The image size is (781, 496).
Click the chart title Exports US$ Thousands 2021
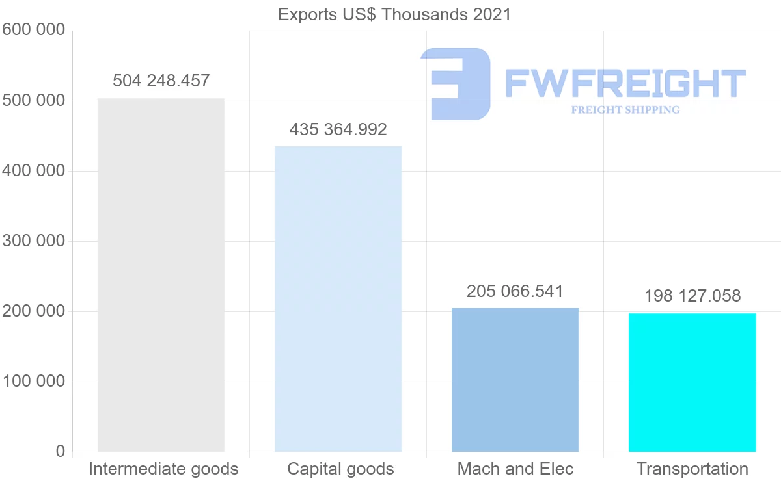[x=394, y=14]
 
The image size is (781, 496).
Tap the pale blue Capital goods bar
[x=338, y=299]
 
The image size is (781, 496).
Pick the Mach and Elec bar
[x=515, y=380]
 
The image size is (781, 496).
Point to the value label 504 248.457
[x=161, y=81]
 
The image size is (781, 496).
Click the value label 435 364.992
[x=338, y=129]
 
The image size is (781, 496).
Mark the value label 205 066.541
[x=515, y=291]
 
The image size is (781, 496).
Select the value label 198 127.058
[x=692, y=296]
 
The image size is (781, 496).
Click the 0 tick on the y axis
[x=60, y=451]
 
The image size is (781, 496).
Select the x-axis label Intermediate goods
[x=163, y=469]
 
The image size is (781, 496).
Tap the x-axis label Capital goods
[x=340, y=469]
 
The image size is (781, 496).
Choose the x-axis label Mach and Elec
[x=515, y=469]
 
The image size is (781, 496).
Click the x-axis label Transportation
[x=692, y=469]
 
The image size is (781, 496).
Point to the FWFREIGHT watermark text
[x=625, y=84]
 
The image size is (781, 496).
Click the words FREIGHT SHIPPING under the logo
[x=625, y=110]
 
